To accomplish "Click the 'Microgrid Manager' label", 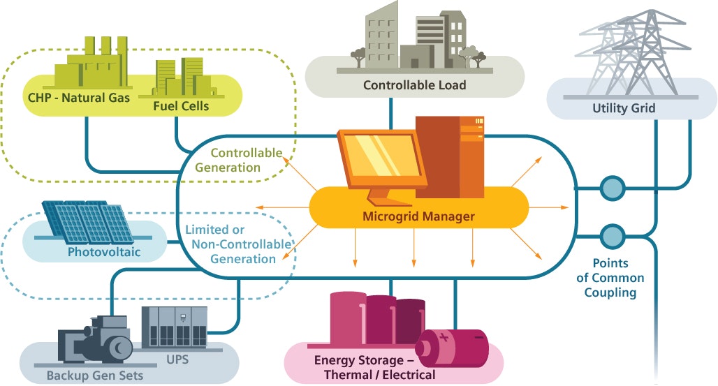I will (418, 216).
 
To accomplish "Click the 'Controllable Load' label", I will (414, 86).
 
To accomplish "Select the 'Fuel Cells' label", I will (180, 106).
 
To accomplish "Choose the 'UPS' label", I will (177, 360).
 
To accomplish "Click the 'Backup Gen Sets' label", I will (95, 376).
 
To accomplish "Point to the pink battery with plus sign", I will (452, 347).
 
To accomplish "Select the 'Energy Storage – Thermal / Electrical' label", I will (374, 368).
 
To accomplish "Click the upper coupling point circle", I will (612, 188).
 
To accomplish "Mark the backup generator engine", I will (97, 341).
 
